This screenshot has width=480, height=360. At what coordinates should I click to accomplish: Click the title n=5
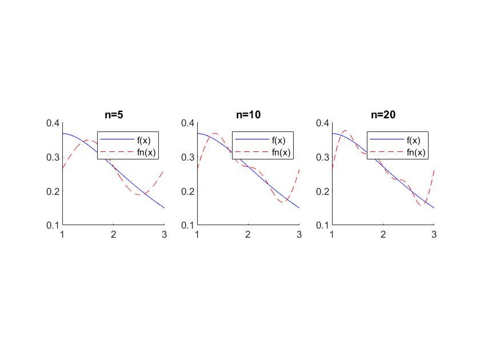113,114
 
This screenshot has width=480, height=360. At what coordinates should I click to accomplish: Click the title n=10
248,114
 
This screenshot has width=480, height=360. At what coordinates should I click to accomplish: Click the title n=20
383,114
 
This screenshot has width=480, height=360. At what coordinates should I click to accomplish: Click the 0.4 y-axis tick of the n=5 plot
53,123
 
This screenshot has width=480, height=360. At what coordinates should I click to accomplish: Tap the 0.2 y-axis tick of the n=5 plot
53,191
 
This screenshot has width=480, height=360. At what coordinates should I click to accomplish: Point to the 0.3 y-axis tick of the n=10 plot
188,157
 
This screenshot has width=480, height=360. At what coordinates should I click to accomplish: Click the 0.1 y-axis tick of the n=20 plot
323,225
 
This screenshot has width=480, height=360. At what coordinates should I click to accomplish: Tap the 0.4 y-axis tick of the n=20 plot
323,123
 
